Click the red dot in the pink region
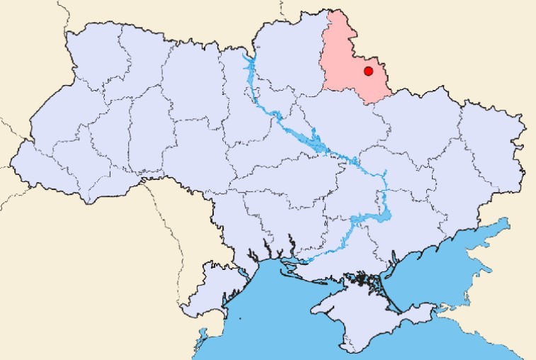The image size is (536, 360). (x=368, y=71)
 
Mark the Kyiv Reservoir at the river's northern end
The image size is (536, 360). (x=249, y=67)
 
